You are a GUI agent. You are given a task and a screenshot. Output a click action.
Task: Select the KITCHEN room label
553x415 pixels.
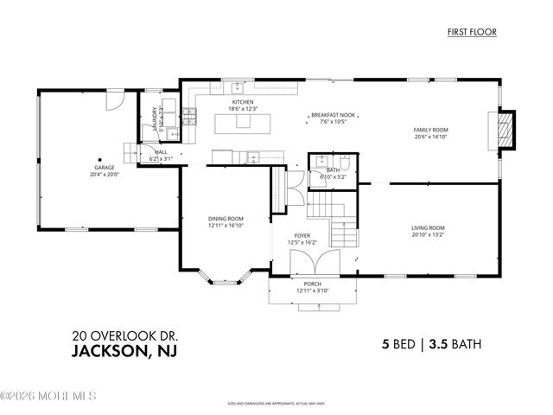click(x=241, y=101)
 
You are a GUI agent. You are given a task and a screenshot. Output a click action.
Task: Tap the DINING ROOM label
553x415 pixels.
click(x=226, y=219)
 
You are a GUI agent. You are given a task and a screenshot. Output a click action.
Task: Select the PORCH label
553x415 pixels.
click(x=312, y=284)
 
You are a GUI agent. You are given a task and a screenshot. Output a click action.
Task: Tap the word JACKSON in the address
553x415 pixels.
click(x=111, y=351)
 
